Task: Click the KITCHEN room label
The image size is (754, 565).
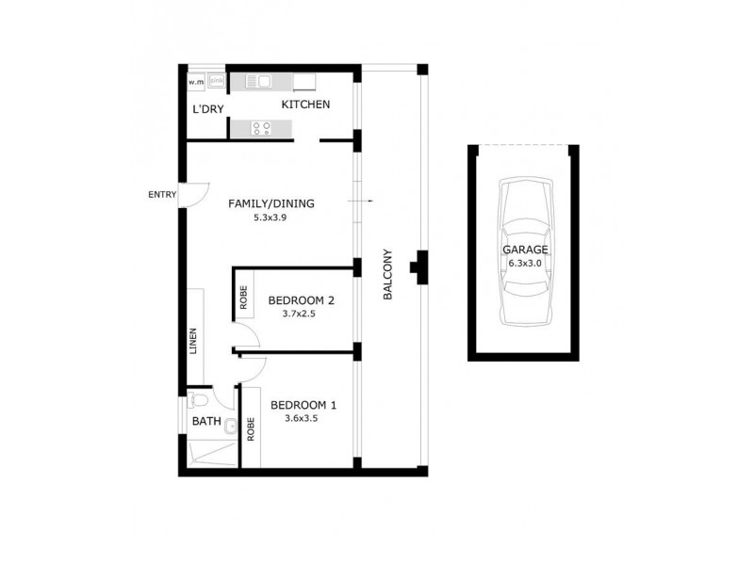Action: coord(305,105)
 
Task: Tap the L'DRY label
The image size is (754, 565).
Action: coord(207,110)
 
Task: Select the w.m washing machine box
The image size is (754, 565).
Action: coord(196,82)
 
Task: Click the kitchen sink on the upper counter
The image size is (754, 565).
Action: coord(257,82)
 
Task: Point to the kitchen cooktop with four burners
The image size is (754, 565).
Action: coord(261,129)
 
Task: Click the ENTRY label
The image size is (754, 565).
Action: coord(161,195)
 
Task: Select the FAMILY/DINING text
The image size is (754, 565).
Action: coord(271,203)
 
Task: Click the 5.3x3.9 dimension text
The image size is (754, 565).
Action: coord(271,218)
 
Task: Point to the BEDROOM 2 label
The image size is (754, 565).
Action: coord(302,301)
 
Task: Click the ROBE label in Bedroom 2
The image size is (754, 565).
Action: coord(242,299)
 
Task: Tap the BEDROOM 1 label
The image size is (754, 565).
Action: coord(303,406)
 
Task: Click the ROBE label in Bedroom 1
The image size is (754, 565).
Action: coord(251,429)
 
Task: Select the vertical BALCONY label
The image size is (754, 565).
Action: coord(387,274)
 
